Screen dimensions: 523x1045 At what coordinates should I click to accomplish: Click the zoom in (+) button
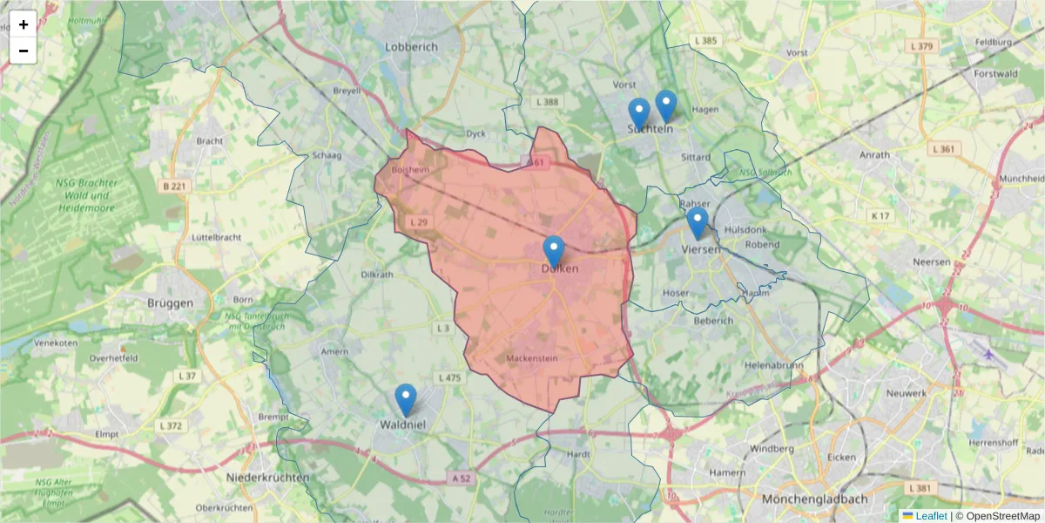pyautogui.click(x=24, y=24)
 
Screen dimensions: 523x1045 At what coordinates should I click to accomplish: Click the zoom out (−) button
pyautogui.click(x=24, y=51)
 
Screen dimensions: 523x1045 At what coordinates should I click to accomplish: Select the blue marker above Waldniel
pyautogui.click(x=406, y=399)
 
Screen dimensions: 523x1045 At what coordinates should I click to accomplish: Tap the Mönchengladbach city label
pyautogui.click(x=815, y=499)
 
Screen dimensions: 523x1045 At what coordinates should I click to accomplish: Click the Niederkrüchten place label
pyautogui.click(x=267, y=478)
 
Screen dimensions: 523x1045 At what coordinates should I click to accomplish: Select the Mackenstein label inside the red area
pyautogui.click(x=531, y=358)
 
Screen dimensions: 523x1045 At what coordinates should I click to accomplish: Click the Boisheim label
pyautogui.click(x=410, y=170)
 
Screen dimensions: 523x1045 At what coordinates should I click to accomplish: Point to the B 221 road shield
pyautogui.click(x=175, y=186)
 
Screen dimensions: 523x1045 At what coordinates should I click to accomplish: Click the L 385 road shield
pyautogui.click(x=705, y=41)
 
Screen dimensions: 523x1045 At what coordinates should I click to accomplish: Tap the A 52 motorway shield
pyautogui.click(x=462, y=479)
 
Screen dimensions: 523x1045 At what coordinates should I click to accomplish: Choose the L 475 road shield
pyautogui.click(x=450, y=377)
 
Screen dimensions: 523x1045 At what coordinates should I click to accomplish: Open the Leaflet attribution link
pyautogui.click(x=930, y=516)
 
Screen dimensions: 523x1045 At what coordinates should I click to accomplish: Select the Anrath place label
pyautogui.click(x=874, y=155)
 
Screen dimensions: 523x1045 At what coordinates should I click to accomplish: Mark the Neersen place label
pyautogui.click(x=929, y=261)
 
